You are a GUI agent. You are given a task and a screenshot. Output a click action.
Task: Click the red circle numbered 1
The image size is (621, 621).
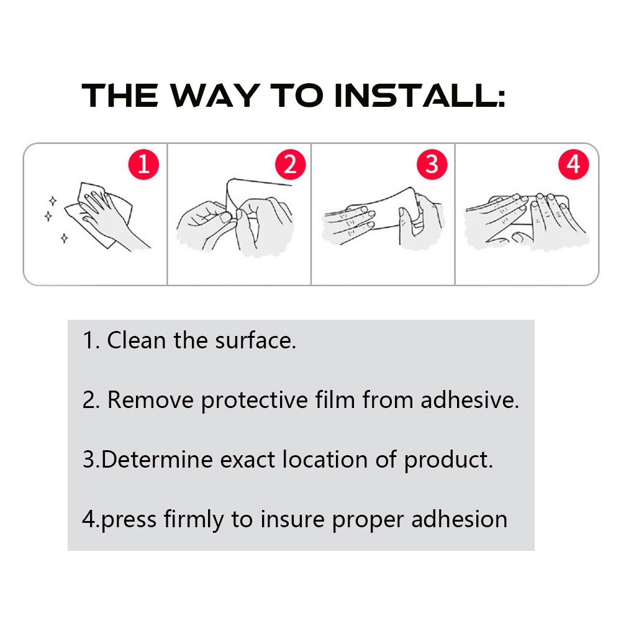pos(143,165)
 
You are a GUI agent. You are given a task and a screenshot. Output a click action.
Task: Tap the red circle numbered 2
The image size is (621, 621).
pos(290,165)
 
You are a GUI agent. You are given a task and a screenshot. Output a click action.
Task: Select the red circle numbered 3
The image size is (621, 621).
pos(432,165)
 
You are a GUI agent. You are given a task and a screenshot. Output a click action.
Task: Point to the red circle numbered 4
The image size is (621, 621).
pos(573,165)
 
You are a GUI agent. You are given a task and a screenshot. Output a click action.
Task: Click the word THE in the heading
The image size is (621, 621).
pos(120,96)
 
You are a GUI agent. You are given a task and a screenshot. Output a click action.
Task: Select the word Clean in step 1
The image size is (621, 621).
pos(136,340)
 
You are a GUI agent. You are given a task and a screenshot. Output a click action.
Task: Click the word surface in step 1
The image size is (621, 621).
pos(255,340)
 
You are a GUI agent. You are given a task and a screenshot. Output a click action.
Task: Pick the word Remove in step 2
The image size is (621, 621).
pos(150,399)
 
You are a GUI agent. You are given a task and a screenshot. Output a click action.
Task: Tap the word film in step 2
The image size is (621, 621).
pos(335,399)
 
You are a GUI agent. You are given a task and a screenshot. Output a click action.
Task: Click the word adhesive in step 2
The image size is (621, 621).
pos(469,399)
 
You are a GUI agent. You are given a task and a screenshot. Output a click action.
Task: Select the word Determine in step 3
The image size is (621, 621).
pos(157,460)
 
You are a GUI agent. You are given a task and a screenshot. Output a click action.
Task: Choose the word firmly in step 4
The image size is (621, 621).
pos(194,520)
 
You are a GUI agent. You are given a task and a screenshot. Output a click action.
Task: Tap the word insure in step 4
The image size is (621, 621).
pos(292,519)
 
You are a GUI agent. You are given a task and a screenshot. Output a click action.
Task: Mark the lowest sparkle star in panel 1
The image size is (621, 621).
pos(64,238)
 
